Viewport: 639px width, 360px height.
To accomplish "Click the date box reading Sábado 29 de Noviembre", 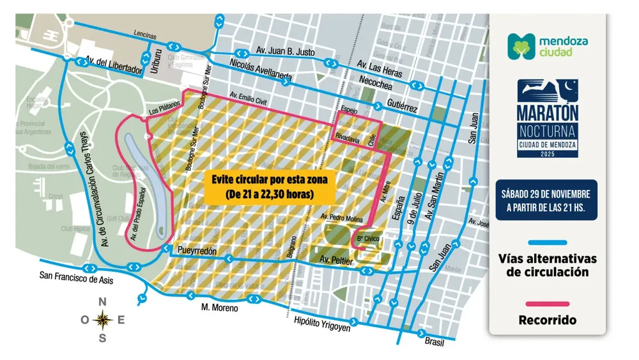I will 548,200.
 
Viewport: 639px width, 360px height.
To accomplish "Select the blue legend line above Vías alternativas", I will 548,243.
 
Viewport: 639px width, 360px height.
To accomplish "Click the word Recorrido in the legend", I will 548,319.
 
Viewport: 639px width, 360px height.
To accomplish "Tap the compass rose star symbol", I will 102,318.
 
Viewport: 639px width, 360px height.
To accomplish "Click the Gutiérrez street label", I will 401,109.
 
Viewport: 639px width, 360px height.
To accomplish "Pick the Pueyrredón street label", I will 199,251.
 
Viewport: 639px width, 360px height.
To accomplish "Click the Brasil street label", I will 434,341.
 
